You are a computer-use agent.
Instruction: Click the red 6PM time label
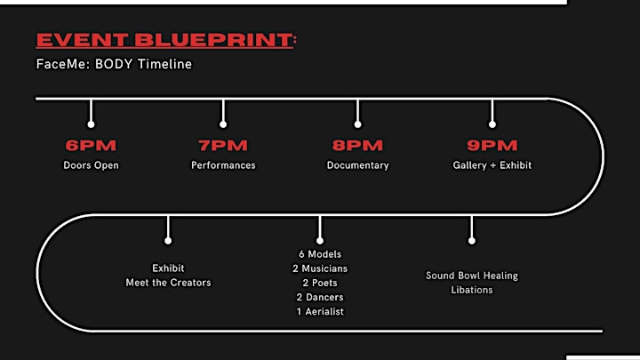pos(91,145)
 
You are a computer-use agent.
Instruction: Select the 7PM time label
pos(223,145)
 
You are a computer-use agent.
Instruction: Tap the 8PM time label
pos(357,145)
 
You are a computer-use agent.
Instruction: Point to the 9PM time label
pos(492,145)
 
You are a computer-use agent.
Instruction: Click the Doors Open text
pos(91,165)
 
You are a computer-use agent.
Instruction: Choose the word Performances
pos(223,165)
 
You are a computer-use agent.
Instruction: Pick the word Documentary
pos(358,165)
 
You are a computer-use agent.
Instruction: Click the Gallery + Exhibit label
pos(492,165)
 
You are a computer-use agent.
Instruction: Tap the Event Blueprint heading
pos(166,40)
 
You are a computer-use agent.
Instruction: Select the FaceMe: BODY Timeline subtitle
pos(114,64)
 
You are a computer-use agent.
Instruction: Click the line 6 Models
pos(320,254)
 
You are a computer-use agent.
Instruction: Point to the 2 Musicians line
pos(320,268)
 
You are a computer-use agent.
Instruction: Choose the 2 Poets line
pos(320,283)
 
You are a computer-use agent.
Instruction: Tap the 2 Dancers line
pos(320,297)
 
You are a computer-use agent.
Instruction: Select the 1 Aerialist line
pos(320,311)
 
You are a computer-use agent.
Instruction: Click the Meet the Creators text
pos(168,283)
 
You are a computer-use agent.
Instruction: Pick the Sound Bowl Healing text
pos(472,276)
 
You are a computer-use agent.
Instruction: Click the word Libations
pos(472,290)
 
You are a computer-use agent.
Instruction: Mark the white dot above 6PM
pos(91,124)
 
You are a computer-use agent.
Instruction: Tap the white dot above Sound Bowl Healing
pos(472,241)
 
